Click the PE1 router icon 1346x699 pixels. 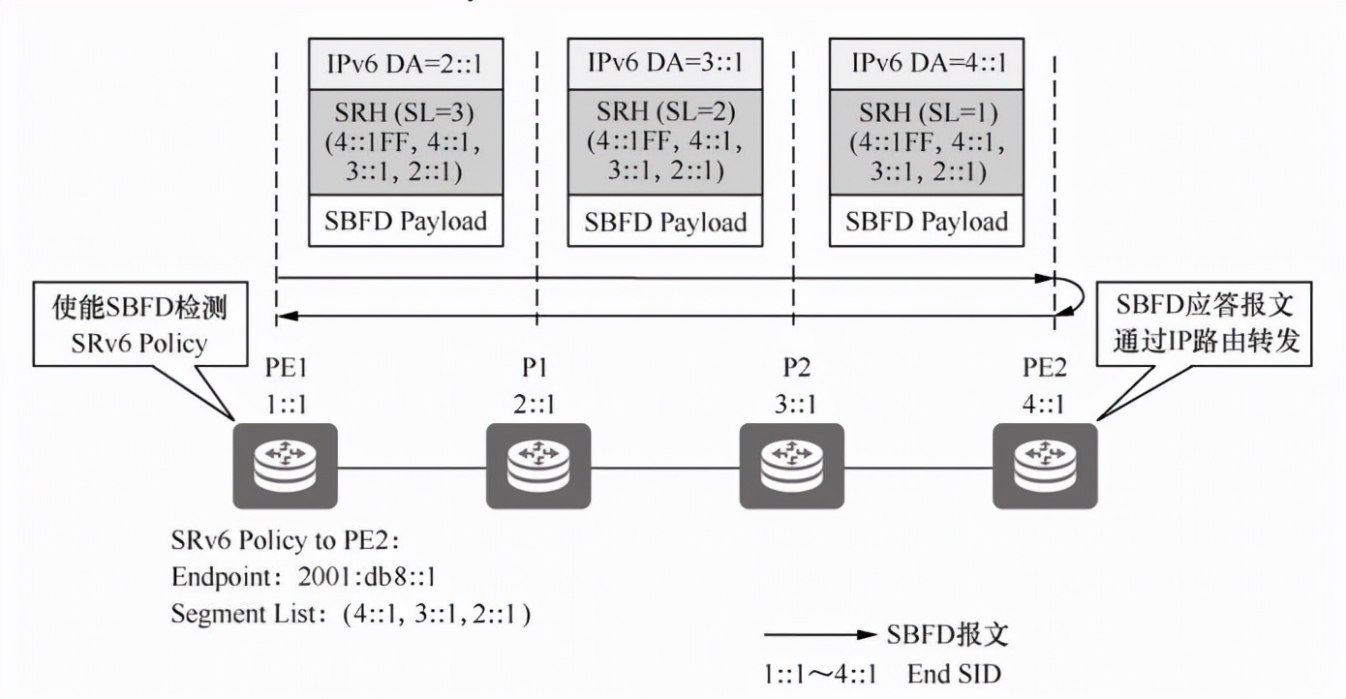[x=285, y=467]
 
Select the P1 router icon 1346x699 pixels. [x=537, y=467]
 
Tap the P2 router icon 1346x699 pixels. [x=791, y=467]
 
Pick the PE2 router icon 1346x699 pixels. [x=1046, y=467]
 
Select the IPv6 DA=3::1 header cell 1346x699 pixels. [x=664, y=63]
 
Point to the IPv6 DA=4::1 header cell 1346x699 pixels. [x=928, y=63]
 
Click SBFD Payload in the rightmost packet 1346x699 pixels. [x=928, y=222]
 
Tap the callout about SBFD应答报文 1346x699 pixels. [x=1204, y=324]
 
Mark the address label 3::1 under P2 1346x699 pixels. [x=791, y=404]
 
